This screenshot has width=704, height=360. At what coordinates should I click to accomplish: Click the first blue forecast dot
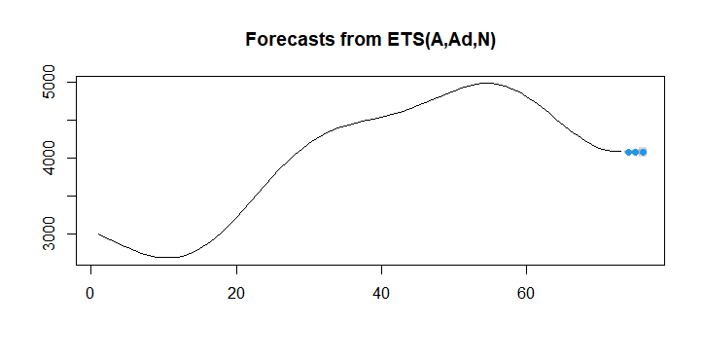pyautogui.click(x=628, y=152)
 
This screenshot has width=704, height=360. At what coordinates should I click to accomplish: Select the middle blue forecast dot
pyautogui.click(x=635, y=152)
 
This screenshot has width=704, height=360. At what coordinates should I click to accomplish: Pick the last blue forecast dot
pyautogui.click(x=643, y=152)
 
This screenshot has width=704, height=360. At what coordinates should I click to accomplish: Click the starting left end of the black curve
pyautogui.click(x=98, y=234)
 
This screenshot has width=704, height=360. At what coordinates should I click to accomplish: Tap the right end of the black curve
pyautogui.click(x=620, y=151)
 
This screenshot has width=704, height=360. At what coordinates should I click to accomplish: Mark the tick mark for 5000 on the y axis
pyautogui.click(x=71, y=83)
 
